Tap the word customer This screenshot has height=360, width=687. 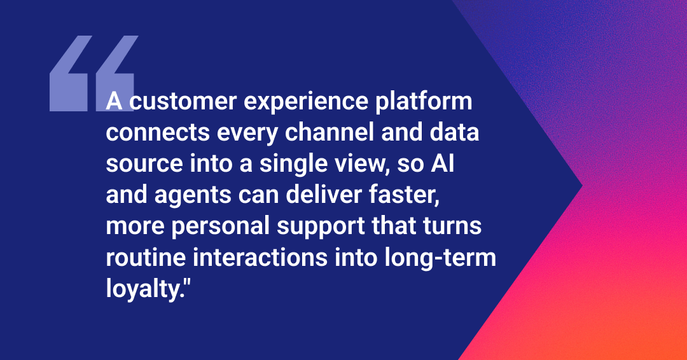click(x=183, y=102)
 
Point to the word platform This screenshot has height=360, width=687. click(x=424, y=102)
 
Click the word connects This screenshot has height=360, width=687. click(x=158, y=133)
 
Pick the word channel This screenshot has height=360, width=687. click(x=330, y=132)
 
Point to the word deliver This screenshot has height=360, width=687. click(x=323, y=195)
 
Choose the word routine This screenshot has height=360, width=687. click(x=146, y=258)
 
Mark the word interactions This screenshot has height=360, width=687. click(x=260, y=258)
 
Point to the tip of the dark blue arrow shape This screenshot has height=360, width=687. click(x=582, y=186)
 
